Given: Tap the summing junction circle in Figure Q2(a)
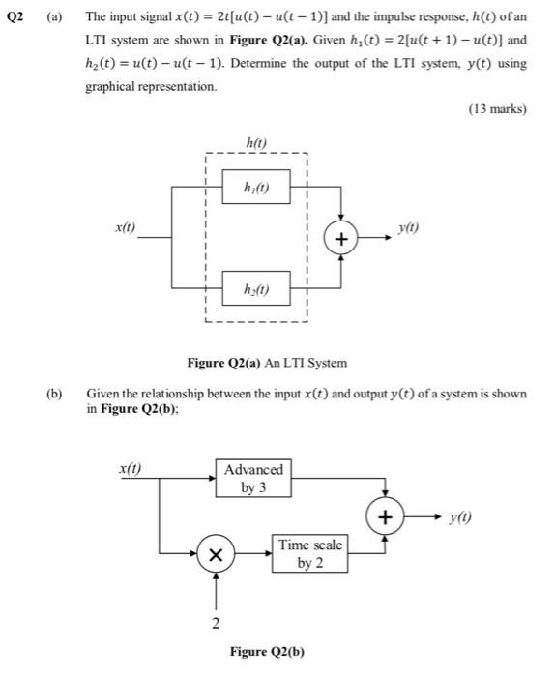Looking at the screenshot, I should point(341,237).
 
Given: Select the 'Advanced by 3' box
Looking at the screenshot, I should point(253,478).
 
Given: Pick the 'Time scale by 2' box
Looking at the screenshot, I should point(309,553).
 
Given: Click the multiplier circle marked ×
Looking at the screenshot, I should point(216,555).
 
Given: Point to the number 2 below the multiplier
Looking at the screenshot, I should point(216,621).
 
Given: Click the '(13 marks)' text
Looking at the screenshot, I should point(497,109).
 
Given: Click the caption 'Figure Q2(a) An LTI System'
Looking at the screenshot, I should point(266,363).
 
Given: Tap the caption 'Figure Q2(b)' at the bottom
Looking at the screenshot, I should point(266,651).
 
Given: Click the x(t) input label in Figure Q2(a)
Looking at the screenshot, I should point(125,228).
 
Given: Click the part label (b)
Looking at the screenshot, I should point(54,395).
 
